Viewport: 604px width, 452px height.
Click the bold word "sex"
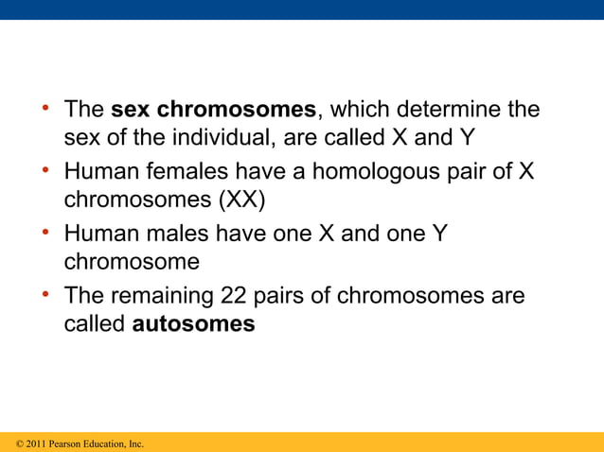[131, 110]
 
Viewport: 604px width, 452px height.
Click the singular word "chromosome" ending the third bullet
[132, 262]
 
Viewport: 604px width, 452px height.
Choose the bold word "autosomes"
[193, 324]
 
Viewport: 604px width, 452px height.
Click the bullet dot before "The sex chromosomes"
[45, 109]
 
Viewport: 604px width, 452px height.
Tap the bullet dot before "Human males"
[45, 233]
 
